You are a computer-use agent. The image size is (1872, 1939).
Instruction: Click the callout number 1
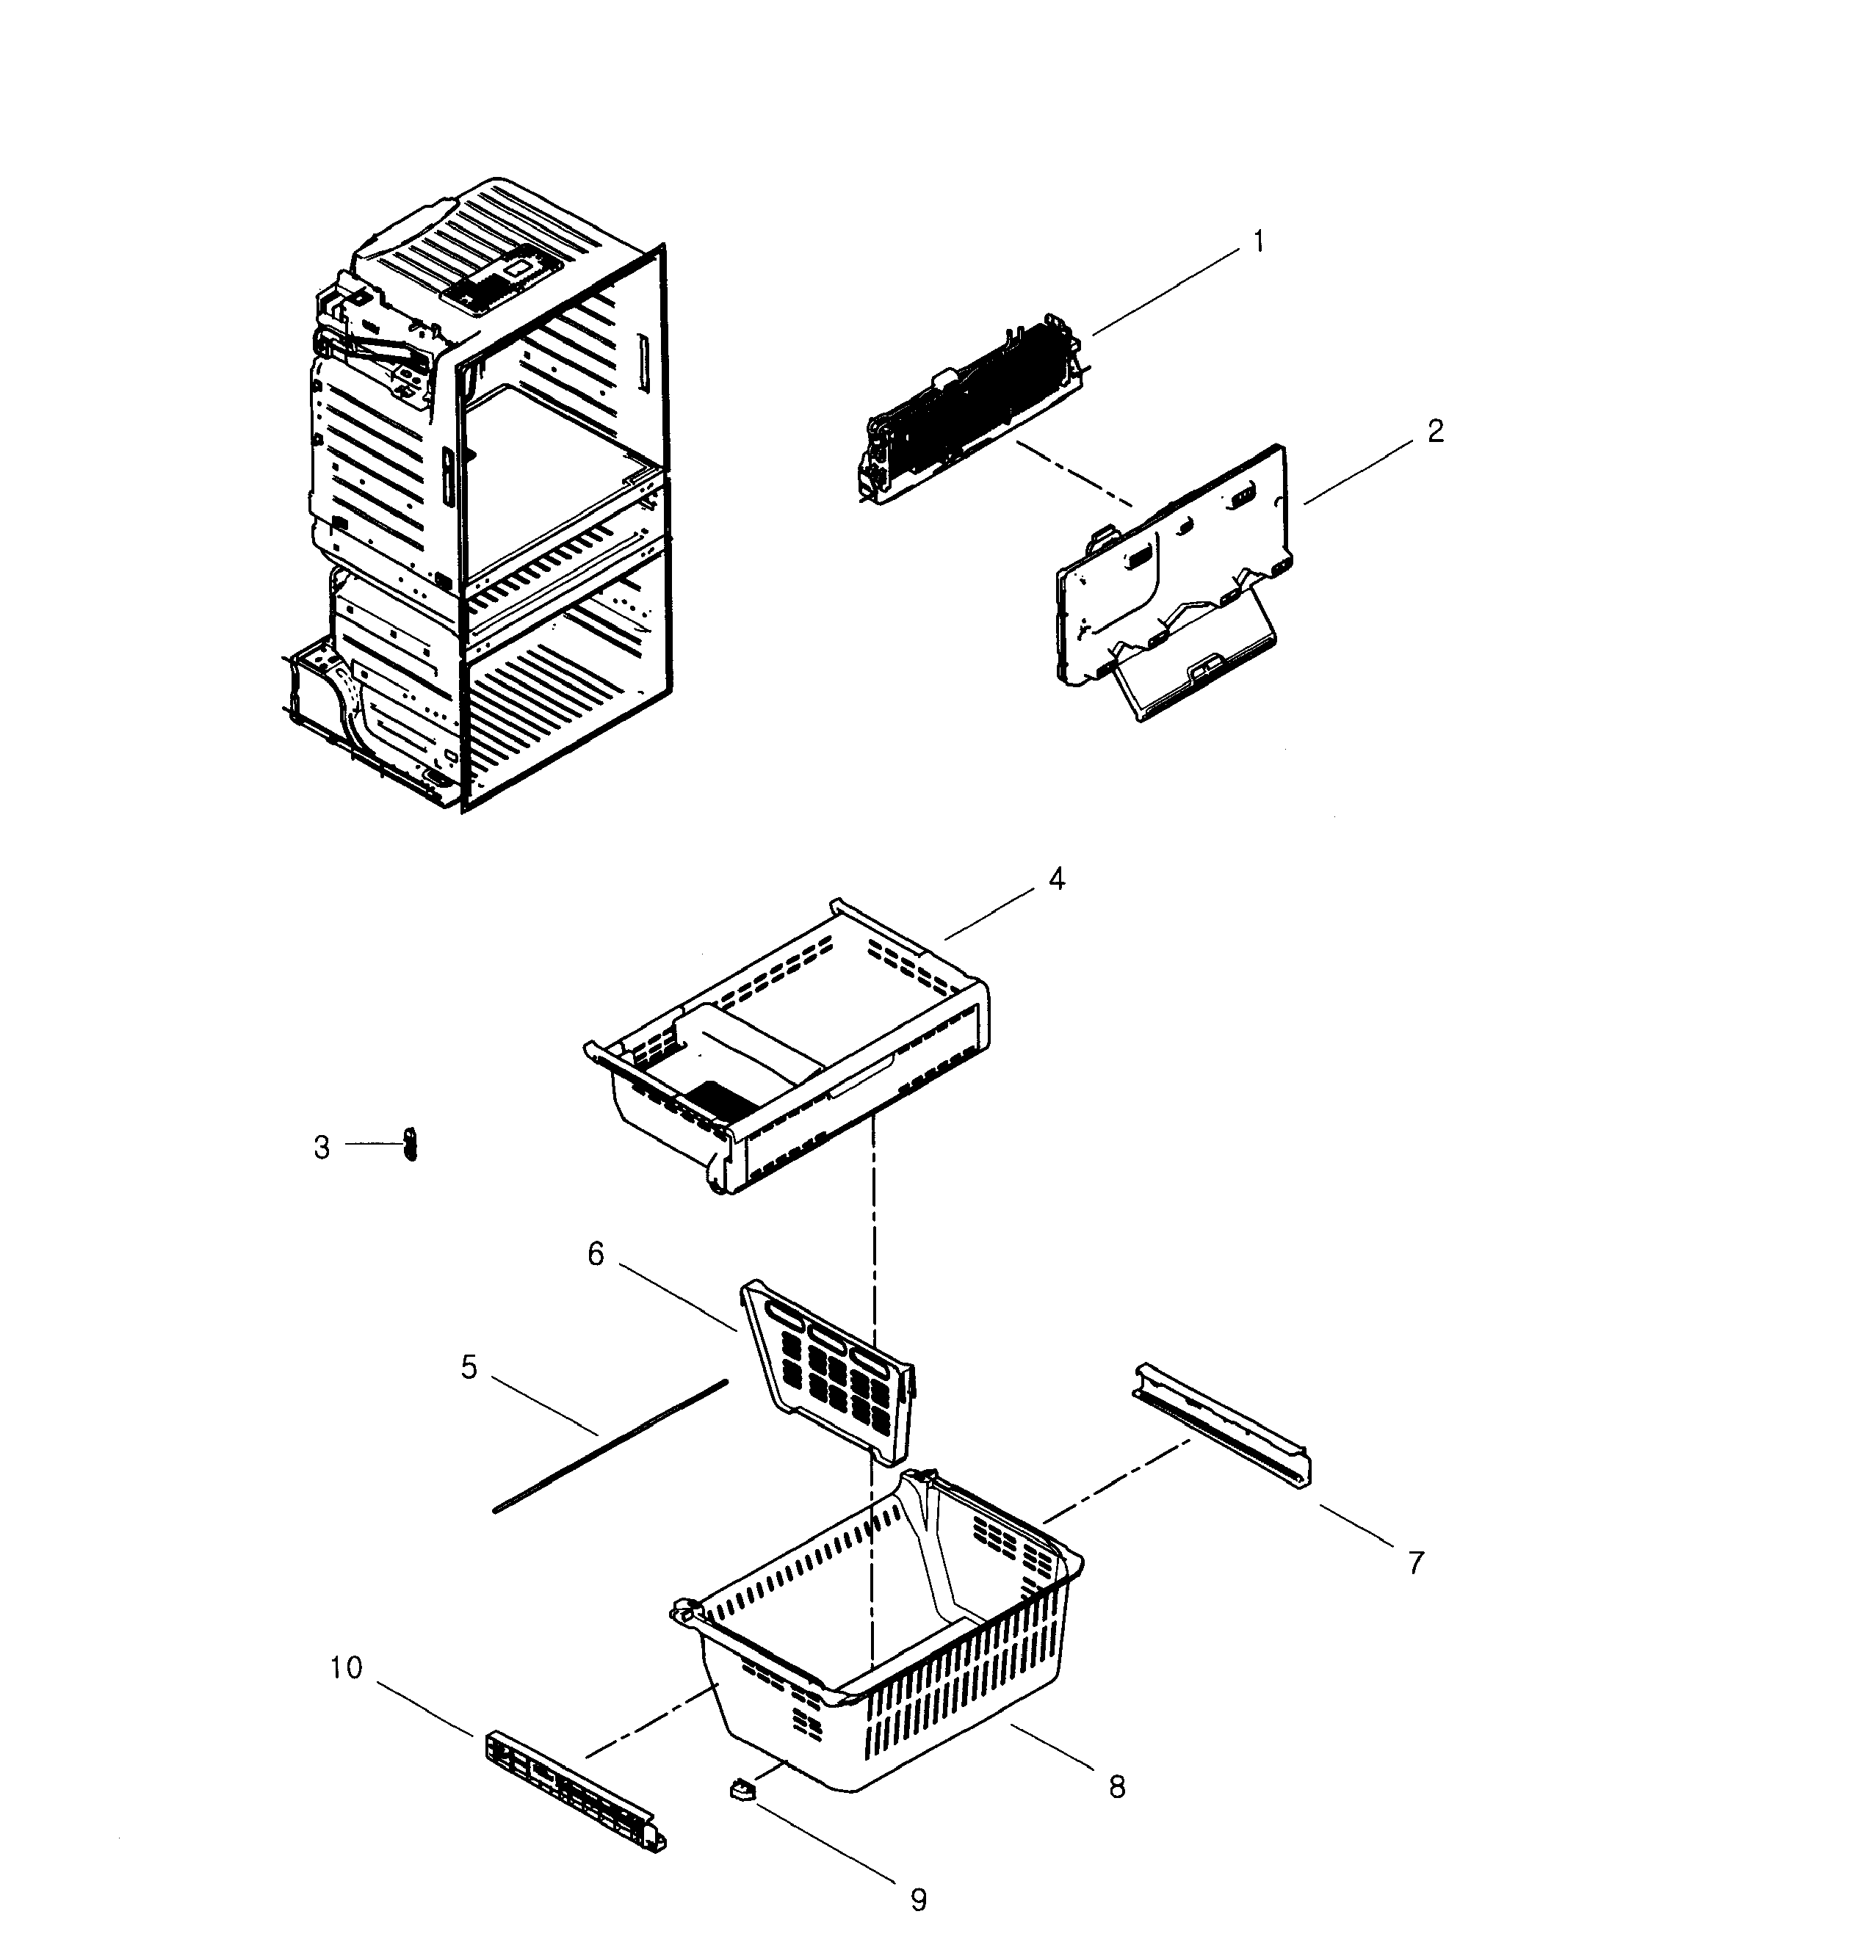point(1259,242)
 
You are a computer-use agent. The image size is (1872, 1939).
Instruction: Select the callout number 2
point(1435,431)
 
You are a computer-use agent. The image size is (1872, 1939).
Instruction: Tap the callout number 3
point(322,1148)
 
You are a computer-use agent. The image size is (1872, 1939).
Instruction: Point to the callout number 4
point(1057,879)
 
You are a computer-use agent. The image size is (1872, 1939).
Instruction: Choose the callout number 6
point(596,1255)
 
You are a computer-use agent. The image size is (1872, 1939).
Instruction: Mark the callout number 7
point(1416,1563)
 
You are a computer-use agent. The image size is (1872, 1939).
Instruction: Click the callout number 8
point(1117,1786)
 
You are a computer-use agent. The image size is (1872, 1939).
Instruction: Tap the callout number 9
point(918,1899)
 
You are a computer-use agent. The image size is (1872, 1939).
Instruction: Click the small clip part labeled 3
point(411,1145)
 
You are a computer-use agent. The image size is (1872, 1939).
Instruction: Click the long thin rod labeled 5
point(610,1447)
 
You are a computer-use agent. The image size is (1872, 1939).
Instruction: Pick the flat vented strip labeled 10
point(574,1790)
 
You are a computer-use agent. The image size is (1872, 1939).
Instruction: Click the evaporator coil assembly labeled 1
point(969,405)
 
